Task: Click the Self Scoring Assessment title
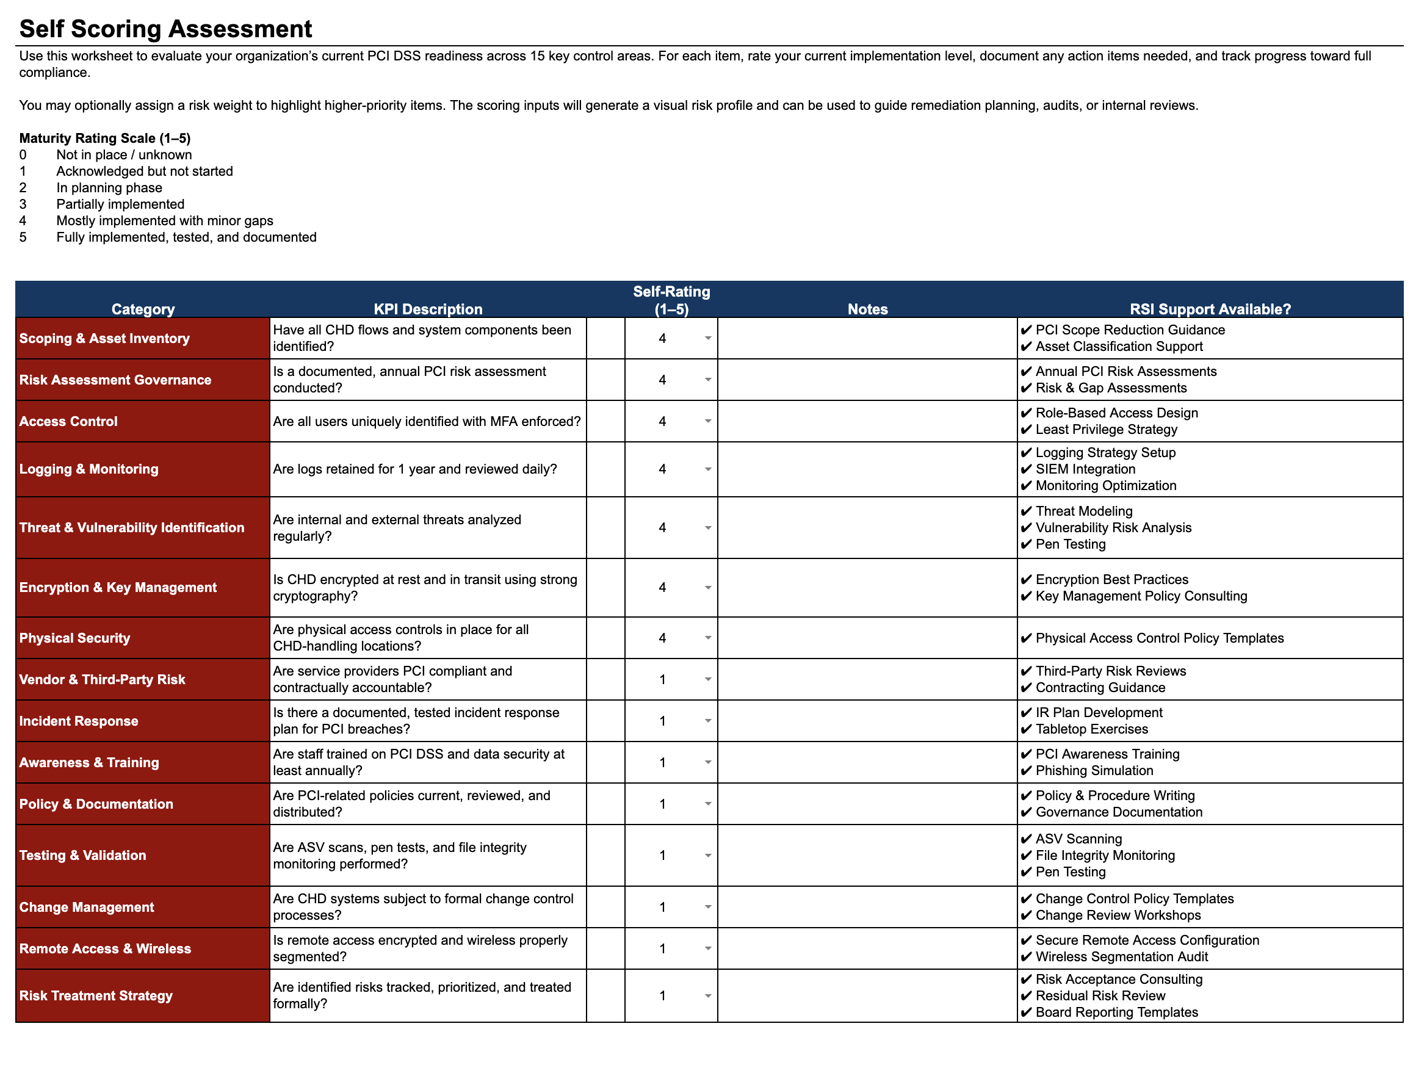tap(165, 29)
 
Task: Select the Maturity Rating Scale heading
tap(104, 138)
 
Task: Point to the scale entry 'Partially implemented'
tap(120, 204)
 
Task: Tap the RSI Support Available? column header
tap(1210, 309)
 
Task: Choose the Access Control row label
tap(68, 422)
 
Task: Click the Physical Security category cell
tap(74, 638)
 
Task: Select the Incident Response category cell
tap(79, 721)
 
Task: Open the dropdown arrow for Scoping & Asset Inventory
tap(708, 339)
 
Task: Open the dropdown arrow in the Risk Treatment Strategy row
tap(708, 996)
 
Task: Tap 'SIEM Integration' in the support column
tap(1085, 469)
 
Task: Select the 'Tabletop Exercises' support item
tap(1091, 729)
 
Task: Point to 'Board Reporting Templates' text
tap(1116, 1012)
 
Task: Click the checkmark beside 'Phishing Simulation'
tap(1026, 771)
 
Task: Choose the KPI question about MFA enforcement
tap(427, 422)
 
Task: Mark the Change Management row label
tap(86, 908)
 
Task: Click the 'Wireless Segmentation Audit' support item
tap(1121, 957)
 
